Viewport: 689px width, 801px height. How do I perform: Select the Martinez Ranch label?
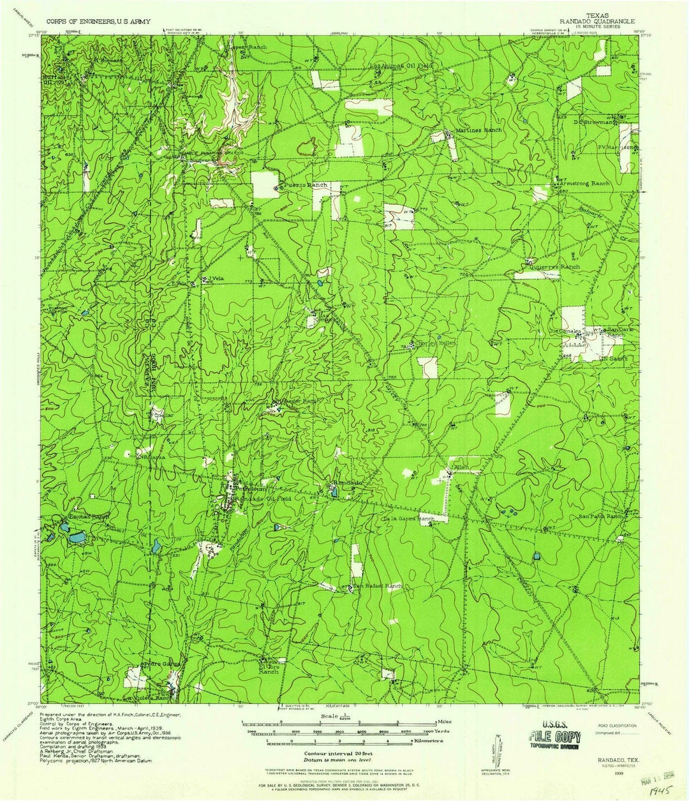coord(478,130)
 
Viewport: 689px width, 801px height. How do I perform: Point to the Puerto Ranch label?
coord(306,185)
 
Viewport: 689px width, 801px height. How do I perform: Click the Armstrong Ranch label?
coord(583,183)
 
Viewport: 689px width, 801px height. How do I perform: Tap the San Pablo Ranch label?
coord(600,516)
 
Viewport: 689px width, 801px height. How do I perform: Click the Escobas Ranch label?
coord(89,516)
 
